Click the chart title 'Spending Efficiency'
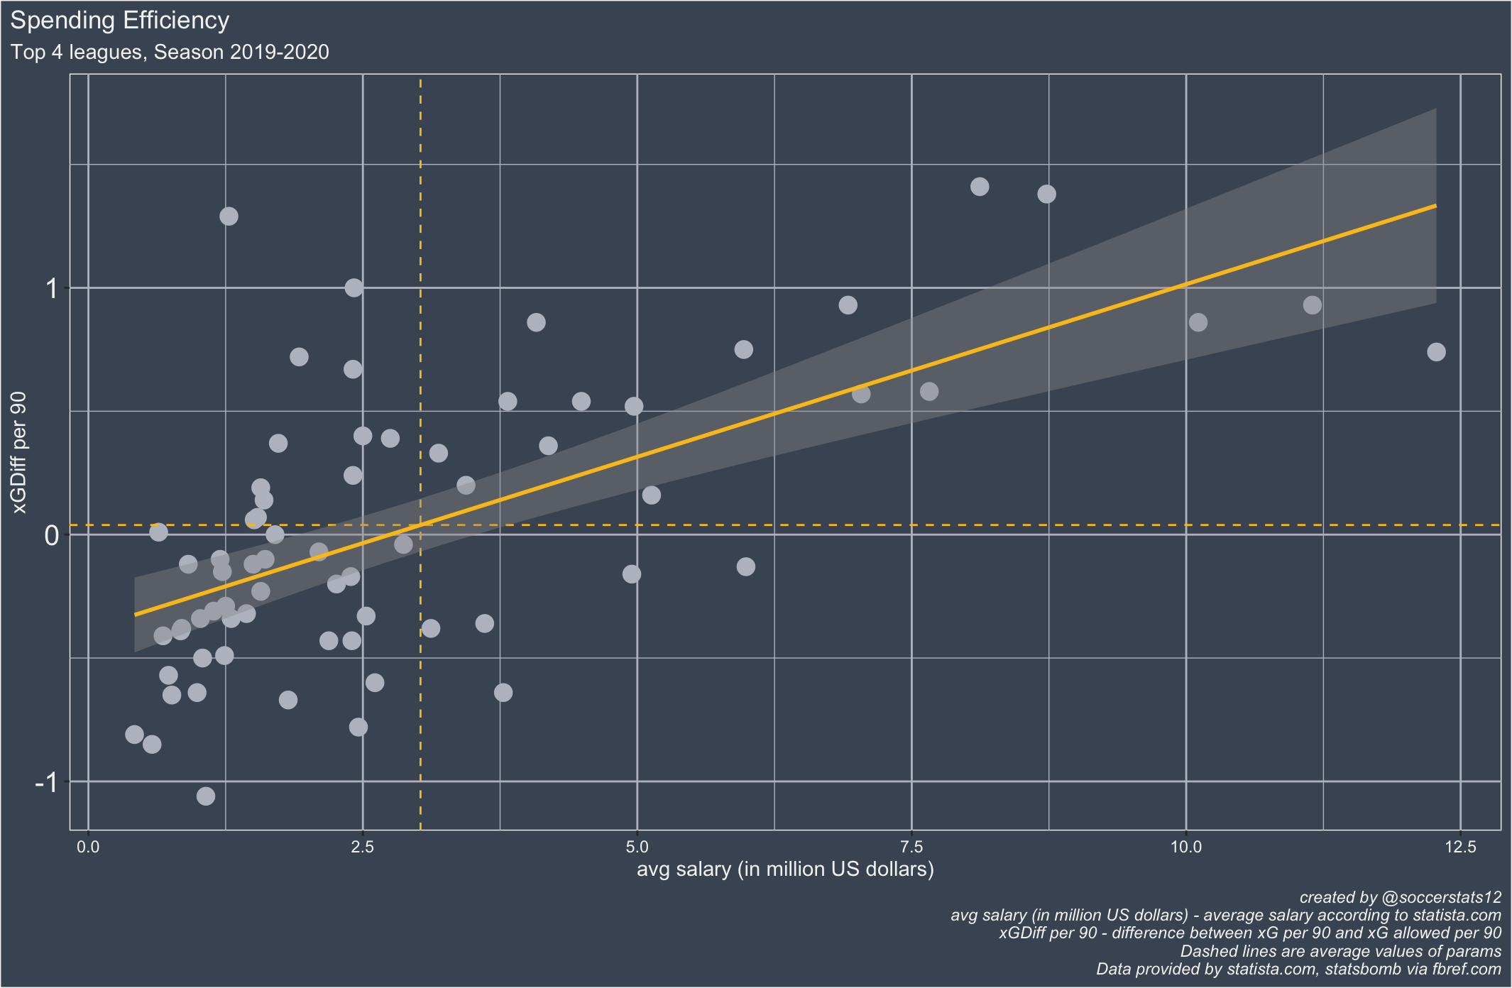pos(119,21)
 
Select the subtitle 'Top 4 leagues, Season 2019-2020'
pos(170,53)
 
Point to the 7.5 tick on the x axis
pos(911,847)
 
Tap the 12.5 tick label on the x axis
pos(1459,847)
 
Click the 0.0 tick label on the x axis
pos(88,847)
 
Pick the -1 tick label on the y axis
pos(47,782)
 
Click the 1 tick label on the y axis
pos(51,289)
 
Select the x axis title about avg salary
pos(784,869)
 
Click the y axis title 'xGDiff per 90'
pos(19,452)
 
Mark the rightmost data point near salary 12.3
pos(1436,352)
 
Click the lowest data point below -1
pos(206,796)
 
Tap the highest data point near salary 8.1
pos(980,187)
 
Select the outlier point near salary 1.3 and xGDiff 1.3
pos(229,216)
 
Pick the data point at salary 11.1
pos(1313,305)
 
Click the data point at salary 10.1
pos(1198,322)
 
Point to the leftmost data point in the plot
pos(134,735)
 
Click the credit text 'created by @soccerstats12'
pos(1400,897)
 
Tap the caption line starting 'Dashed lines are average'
pos(1340,951)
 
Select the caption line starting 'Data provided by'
pos(1298,970)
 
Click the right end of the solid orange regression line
pos(1435,206)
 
